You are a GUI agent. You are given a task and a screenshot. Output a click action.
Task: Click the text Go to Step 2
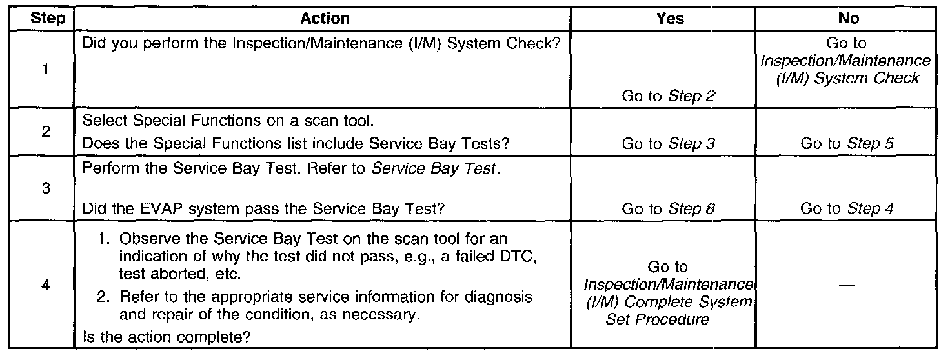[670, 96]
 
